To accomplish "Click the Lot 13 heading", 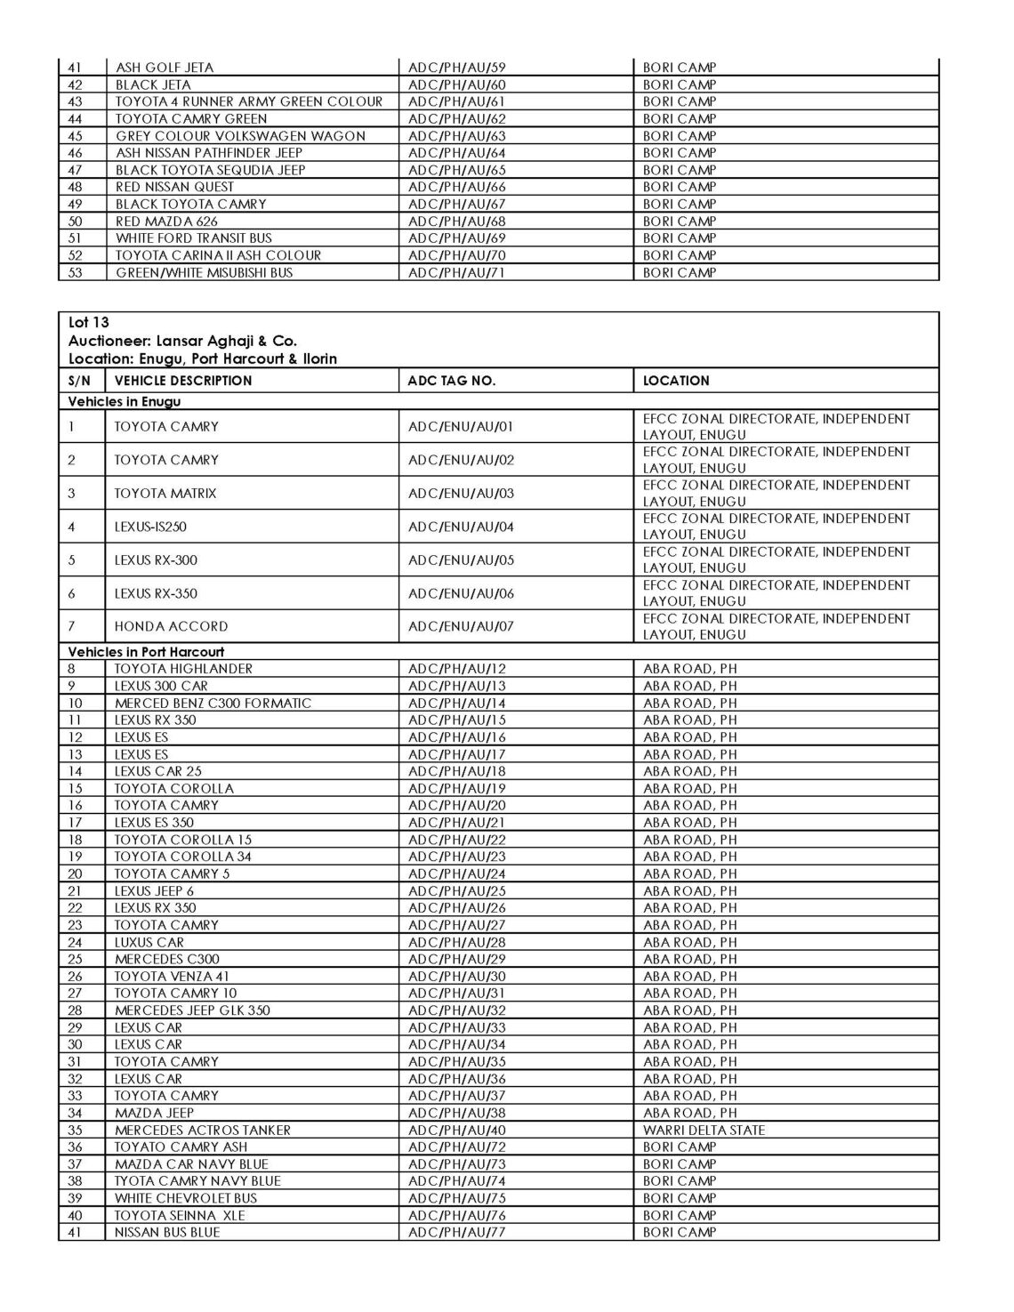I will click(x=88, y=323).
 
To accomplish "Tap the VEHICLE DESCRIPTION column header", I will click(x=183, y=381).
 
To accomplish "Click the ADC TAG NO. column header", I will click(x=451, y=381).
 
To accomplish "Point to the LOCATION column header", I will click(x=676, y=381).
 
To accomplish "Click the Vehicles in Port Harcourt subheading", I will click(x=146, y=652).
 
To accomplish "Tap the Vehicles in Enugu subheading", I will click(x=125, y=402).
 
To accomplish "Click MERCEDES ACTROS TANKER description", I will click(x=203, y=1131).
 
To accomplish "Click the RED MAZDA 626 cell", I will click(x=166, y=221).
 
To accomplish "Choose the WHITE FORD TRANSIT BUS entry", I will click(x=193, y=238).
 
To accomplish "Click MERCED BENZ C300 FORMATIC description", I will click(x=213, y=704).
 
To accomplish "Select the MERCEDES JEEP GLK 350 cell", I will click(x=192, y=1010).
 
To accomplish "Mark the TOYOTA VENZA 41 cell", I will click(x=172, y=977).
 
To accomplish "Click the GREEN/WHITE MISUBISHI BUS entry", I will click(x=204, y=273).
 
